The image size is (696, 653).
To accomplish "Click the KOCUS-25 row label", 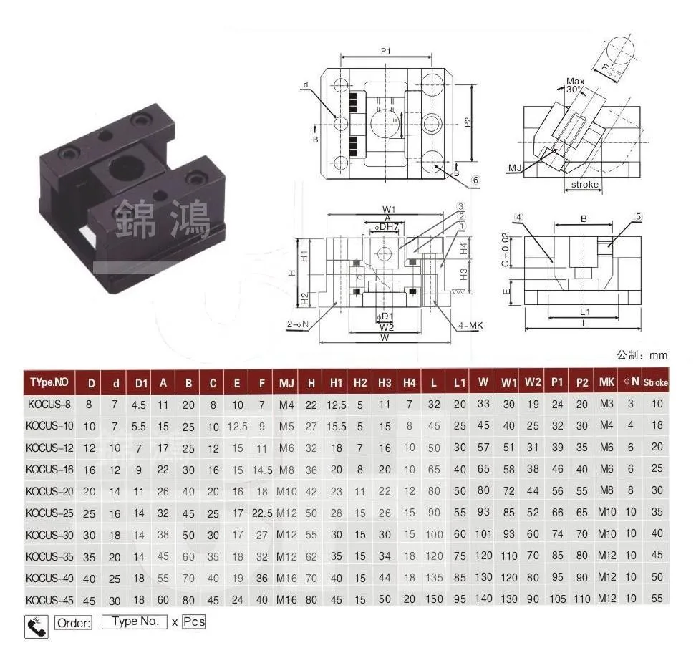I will click(x=49, y=513).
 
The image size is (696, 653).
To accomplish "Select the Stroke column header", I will click(x=655, y=382).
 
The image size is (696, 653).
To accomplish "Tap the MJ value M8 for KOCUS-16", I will click(x=286, y=470).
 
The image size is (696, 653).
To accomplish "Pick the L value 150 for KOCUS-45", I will click(x=434, y=599).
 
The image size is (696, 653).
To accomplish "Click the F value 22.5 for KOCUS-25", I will click(x=261, y=513).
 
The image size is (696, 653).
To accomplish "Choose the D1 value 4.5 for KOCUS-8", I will click(x=141, y=404).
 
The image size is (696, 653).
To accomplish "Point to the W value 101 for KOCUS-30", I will click(x=483, y=534).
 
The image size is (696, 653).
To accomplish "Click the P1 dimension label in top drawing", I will click(x=385, y=51).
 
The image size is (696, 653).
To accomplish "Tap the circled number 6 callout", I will click(x=475, y=180).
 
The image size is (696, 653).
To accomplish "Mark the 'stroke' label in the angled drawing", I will click(x=584, y=185).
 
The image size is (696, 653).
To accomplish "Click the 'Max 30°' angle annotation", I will click(x=574, y=86).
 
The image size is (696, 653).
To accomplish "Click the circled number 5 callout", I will click(x=638, y=216).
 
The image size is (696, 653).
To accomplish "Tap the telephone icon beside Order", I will click(x=36, y=625).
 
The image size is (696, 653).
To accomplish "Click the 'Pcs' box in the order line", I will click(x=193, y=621).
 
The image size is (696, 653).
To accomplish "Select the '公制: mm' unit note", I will click(x=642, y=355).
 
